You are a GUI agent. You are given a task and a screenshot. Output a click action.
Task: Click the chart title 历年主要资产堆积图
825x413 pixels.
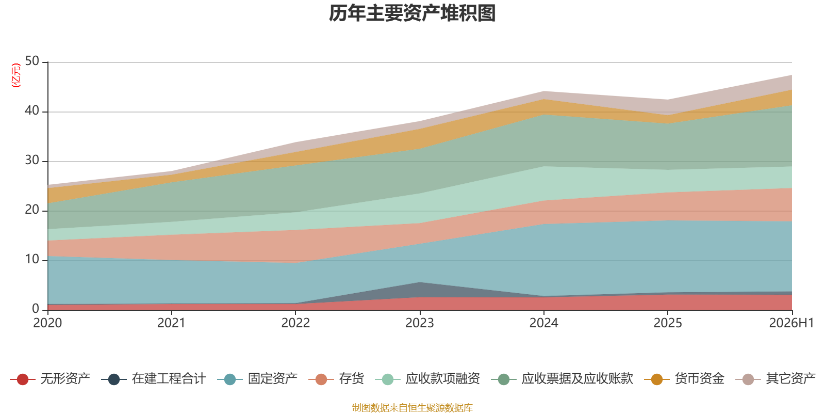coord(412,13)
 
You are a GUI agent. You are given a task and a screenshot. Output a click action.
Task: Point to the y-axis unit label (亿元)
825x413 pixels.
coord(16,75)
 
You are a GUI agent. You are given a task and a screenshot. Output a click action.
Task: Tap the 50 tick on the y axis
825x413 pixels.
coord(32,61)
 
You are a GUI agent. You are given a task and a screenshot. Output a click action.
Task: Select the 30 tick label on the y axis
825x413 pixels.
coord(32,161)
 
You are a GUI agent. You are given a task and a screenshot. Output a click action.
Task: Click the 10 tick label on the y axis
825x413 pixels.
coord(32,260)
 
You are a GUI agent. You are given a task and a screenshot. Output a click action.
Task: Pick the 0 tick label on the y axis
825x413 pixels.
coord(36,309)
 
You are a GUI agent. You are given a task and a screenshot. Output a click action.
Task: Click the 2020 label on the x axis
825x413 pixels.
coord(47,323)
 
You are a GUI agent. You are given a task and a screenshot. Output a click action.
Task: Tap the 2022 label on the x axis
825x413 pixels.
coord(295,323)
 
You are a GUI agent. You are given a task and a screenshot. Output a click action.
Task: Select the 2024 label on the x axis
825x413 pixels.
coord(543,323)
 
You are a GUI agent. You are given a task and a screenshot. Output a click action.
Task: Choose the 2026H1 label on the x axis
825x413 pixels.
coord(791,323)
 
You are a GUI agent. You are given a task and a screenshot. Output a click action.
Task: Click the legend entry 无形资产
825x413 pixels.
coord(50,379)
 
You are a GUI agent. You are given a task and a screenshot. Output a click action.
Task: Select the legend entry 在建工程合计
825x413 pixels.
coord(154,379)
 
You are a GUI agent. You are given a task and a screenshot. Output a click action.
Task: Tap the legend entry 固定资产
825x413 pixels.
coord(257,379)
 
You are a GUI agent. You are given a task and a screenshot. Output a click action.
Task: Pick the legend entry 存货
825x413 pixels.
coord(336,379)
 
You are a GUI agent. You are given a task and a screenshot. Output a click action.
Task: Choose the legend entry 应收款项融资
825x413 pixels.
coord(427,379)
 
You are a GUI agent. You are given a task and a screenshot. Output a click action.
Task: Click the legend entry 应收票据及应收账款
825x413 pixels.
coord(562,379)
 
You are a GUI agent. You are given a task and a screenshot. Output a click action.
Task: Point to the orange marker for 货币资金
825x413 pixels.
coord(657,379)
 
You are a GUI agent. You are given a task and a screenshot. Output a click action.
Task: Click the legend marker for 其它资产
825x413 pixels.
coord(748,379)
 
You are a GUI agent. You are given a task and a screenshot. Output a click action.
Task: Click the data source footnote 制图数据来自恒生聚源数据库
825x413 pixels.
coord(412,407)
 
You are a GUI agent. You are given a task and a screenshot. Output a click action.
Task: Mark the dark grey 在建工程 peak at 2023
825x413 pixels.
coord(420,282)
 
